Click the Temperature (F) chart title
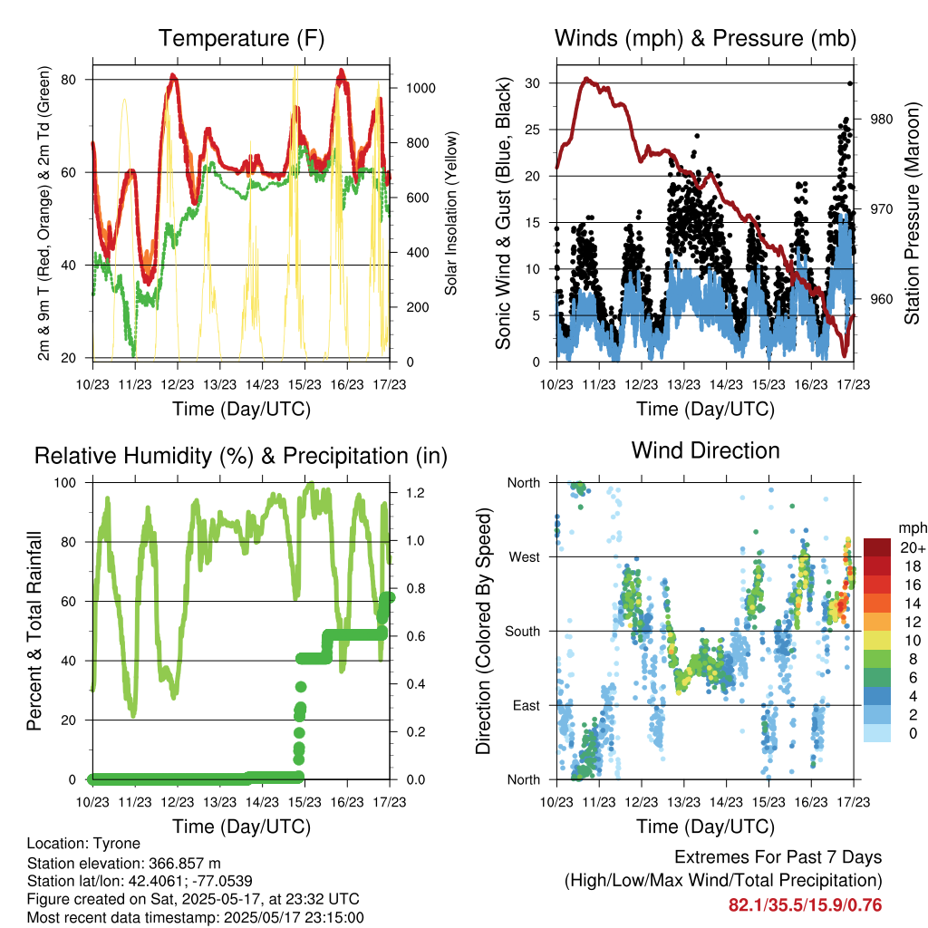click(241, 38)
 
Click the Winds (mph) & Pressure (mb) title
click(705, 38)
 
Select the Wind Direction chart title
click(705, 450)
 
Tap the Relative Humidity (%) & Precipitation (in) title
click(241, 457)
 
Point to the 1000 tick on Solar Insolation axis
click(420, 88)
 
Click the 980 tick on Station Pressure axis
click(881, 119)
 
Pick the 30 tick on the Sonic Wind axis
click(533, 83)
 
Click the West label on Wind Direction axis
click(525, 557)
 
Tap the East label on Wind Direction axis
click(527, 705)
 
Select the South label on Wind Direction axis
click(523, 632)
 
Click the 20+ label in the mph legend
click(913, 548)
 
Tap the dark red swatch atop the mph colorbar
click(877, 547)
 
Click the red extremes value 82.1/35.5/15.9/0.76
click(805, 905)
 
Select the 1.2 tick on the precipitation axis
click(415, 493)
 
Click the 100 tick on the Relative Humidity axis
click(65, 483)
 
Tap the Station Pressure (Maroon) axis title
click(912, 213)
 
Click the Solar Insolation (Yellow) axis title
click(451, 213)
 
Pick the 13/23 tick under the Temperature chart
click(219, 384)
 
